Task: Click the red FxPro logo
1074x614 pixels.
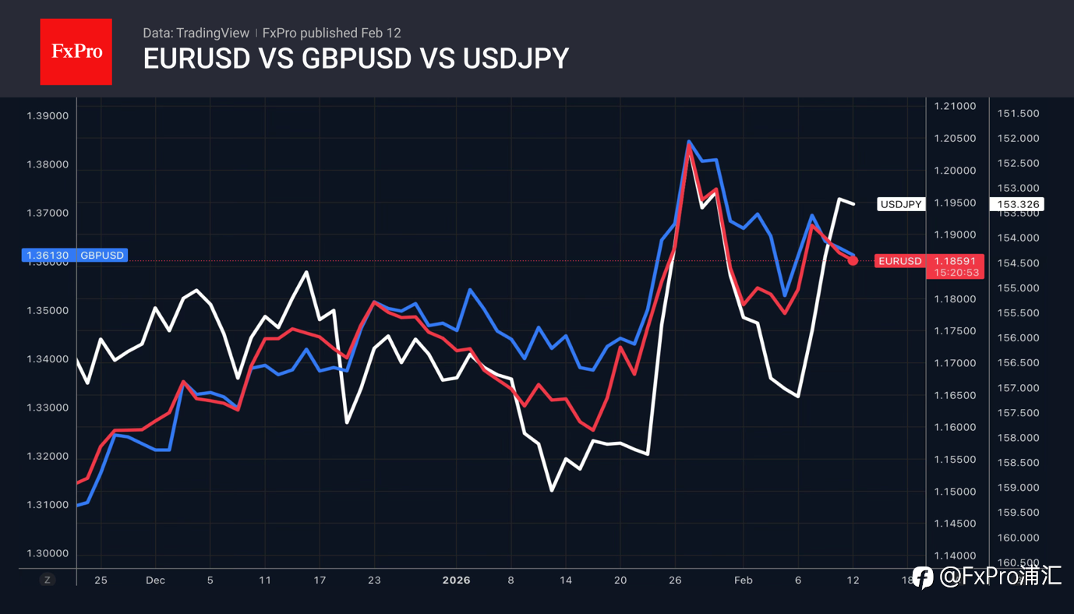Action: (76, 51)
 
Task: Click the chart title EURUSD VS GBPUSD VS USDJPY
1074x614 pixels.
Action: (355, 59)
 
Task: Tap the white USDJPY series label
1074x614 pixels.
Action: (901, 204)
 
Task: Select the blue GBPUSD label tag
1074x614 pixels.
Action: (102, 255)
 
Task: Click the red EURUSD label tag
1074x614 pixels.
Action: (899, 261)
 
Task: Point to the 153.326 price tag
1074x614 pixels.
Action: (1019, 204)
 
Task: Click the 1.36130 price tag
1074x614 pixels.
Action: (48, 255)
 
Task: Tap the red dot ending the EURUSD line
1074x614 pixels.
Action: (853, 260)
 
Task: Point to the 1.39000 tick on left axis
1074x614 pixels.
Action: (48, 116)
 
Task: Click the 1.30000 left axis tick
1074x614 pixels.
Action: (48, 553)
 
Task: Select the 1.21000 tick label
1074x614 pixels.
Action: (954, 106)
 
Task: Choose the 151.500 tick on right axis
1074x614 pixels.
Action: (1019, 113)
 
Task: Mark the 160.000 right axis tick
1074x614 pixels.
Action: (1019, 538)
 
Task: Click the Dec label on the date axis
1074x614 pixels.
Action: (155, 580)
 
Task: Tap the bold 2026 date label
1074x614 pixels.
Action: (456, 580)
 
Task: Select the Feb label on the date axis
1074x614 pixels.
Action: (743, 580)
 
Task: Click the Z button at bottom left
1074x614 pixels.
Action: (48, 580)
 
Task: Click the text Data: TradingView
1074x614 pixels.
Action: (196, 33)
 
